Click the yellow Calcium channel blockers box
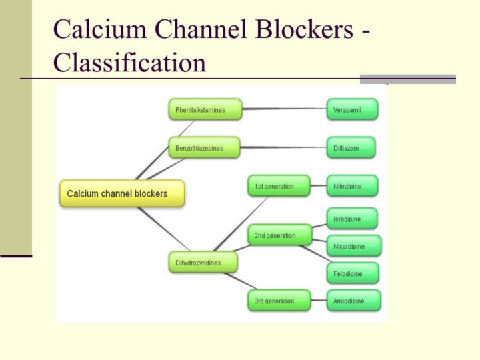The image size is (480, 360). (122, 193)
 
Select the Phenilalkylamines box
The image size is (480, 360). (205, 109)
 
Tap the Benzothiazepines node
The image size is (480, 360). (204, 147)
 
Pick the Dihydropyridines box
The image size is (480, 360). (203, 262)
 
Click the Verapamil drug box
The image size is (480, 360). (352, 109)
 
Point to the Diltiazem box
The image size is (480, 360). (351, 147)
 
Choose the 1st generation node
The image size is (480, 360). (279, 186)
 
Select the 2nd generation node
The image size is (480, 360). (280, 235)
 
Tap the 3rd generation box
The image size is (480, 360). (279, 300)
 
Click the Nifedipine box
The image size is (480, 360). (352, 186)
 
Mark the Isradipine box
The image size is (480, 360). (352, 219)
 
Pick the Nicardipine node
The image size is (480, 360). (354, 246)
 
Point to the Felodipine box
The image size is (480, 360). (353, 273)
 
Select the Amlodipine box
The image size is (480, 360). (353, 300)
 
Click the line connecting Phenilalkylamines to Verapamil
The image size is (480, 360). (285, 109)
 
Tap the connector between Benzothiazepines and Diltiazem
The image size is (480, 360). (283, 147)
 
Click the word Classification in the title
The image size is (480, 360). (129, 63)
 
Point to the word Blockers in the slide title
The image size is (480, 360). (304, 29)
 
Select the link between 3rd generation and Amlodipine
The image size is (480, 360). (319, 300)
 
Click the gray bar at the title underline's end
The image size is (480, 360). (408, 79)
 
